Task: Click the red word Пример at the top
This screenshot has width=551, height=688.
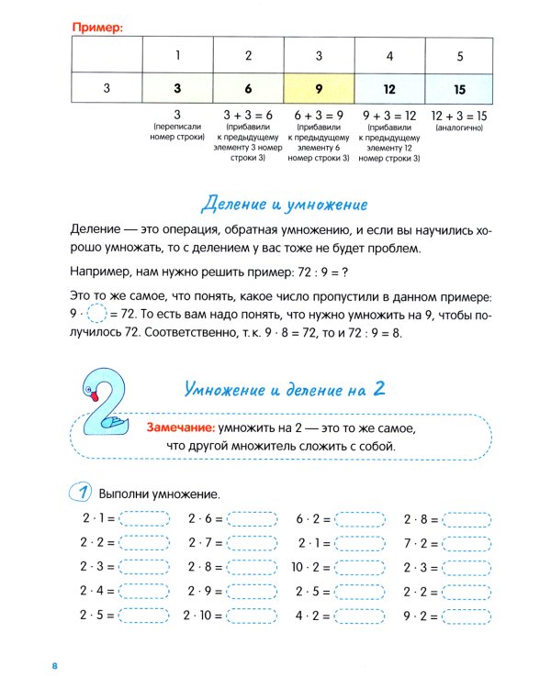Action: tap(96, 28)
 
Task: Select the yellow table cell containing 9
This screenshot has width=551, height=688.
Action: tap(318, 90)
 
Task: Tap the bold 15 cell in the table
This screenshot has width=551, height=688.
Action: tap(459, 90)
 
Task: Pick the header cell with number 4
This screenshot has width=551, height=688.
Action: tap(389, 56)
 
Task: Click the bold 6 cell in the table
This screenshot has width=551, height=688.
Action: tap(248, 90)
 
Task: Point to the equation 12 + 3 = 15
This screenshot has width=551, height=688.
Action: tap(459, 116)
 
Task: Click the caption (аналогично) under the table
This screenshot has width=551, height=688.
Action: tap(459, 130)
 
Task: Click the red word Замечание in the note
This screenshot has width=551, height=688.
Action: tap(180, 428)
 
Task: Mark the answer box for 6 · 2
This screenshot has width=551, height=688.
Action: tap(361, 518)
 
